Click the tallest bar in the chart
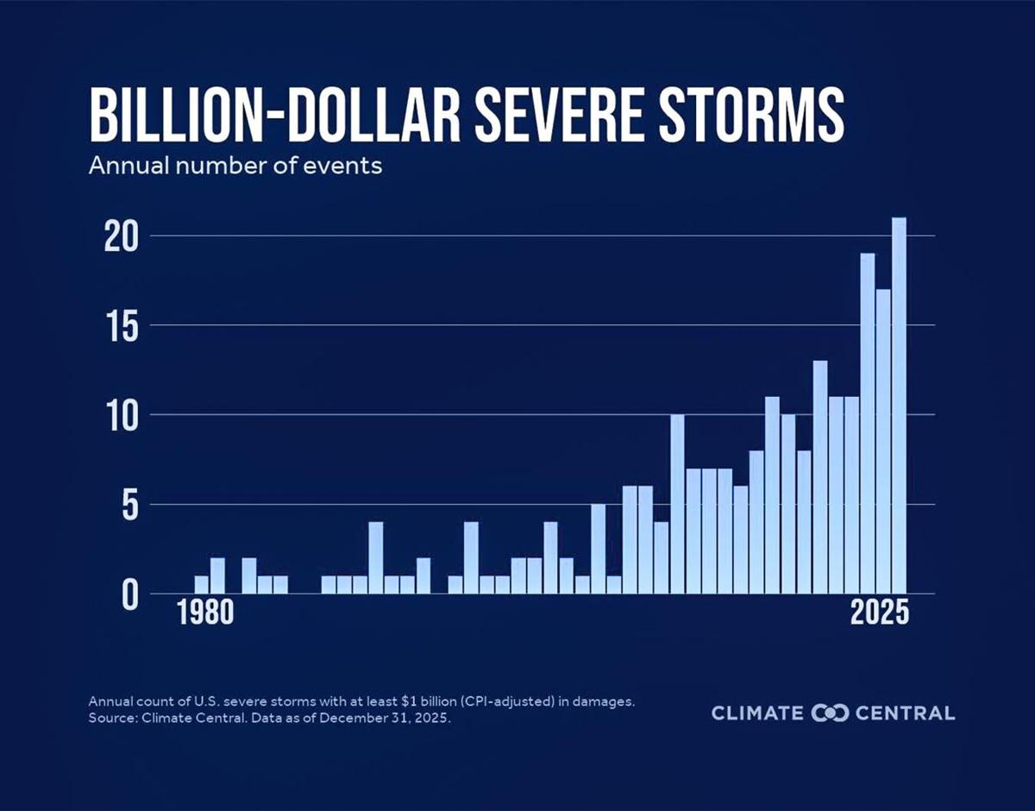[899, 405]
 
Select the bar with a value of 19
[868, 423]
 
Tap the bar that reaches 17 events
[883, 441]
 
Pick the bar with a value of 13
[820, 477]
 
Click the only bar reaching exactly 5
[599, 549]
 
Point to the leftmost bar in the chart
[202, 584]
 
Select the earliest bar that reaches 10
[677, 504]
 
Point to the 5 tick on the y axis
[128, 505]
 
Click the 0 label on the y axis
[128, 594]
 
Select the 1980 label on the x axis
[205, 613]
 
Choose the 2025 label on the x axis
[879, 613]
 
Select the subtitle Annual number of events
[235, 165]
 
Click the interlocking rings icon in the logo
[831, 713]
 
